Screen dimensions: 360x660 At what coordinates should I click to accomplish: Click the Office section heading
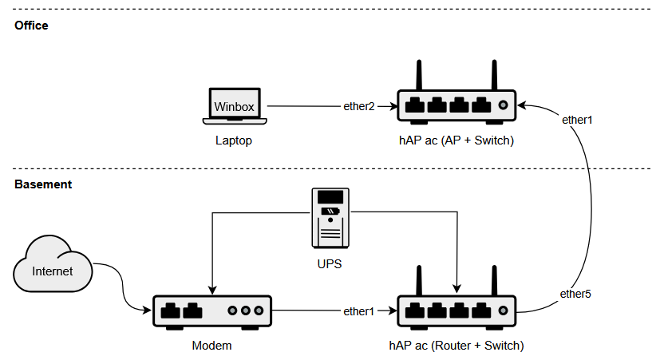click(x=31, y=26)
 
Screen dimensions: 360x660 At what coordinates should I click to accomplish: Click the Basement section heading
click(x=43, y=184)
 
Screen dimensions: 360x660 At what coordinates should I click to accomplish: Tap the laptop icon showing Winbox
click(x=234, y=106)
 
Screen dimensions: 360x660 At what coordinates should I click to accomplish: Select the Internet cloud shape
click(x=53, y=268)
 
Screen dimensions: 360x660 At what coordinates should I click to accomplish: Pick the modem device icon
click(x=212, y=311)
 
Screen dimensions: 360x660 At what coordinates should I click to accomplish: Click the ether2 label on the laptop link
click(x=359, y=106)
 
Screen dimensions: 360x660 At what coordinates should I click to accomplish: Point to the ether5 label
click(x=575, y=294)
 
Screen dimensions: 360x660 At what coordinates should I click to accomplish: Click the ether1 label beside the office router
click(x=577, y=120)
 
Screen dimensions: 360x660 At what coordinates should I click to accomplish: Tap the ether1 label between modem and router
click(x=358, y=311)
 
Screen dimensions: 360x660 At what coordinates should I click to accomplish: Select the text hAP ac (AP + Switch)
click(x=456, y=140)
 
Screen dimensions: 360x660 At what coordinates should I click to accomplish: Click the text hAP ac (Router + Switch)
click(x=456, y=346)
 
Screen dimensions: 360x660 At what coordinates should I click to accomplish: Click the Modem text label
click(x=212, y=346)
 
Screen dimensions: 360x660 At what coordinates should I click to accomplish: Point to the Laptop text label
click(x=234, y=140)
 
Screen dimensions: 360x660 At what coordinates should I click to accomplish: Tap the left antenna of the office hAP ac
click(x=419, y=75)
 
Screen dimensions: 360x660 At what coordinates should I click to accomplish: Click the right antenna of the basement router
click(x=493, y=280)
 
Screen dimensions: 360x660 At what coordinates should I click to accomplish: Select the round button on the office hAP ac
click(x=503, y=105)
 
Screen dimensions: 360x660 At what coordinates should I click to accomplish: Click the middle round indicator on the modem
click(x=246, y=310)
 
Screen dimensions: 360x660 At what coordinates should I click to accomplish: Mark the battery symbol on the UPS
click(x=330, y=212)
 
